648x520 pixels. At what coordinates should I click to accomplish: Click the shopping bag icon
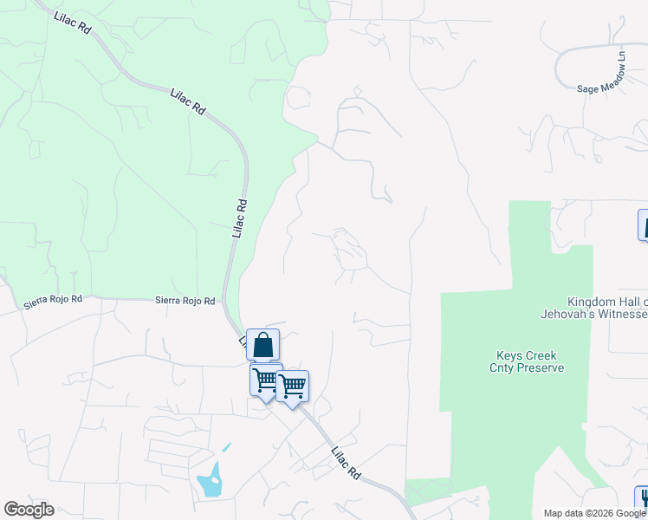[262, 345]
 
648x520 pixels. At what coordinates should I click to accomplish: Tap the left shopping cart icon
[266, 379]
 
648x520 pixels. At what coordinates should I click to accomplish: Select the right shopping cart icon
[293, 386]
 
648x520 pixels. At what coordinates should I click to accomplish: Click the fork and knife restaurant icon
[643, 499]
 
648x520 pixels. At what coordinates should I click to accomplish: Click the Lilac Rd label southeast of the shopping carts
[346, 463]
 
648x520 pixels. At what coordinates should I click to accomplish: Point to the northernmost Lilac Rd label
[73, 22]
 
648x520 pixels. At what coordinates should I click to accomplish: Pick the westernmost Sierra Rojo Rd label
[53, 298]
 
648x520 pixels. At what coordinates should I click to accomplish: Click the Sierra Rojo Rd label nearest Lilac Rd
[185, 300]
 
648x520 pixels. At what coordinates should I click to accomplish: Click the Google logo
[29, 510]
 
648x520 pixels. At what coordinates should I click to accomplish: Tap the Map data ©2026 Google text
[594, 513]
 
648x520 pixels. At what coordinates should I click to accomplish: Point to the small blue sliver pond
[227, 447]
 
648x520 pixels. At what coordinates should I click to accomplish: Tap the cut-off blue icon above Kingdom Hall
[643, 224]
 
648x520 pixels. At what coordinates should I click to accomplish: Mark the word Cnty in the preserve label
[507, 367]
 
